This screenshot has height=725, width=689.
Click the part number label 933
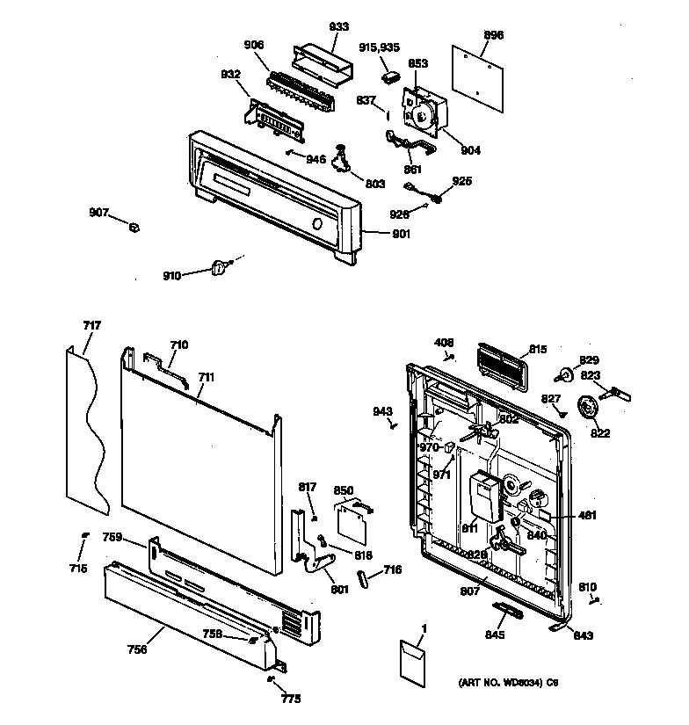click(314, 27)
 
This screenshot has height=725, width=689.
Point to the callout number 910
click(171, 276)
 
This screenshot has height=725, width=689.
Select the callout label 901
click(400, 233)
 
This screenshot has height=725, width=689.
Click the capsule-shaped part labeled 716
click(362, 579)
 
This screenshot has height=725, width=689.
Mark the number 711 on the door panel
click(207, 377)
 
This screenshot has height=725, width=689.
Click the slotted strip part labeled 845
click(510, 609)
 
